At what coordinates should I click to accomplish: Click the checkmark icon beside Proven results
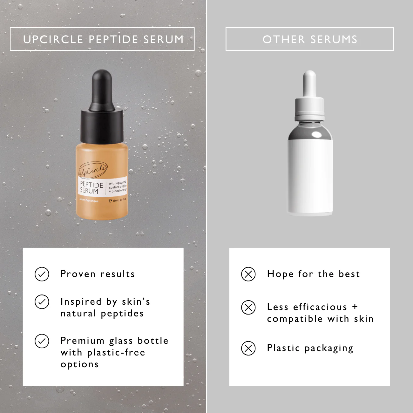coord(42,274)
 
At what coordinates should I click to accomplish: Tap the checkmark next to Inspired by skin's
coord(42,302)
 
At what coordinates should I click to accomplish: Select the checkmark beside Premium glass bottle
coord(42,341)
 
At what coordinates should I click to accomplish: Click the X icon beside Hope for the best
coord(248,274)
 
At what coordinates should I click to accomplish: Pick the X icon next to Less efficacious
coord(248,307)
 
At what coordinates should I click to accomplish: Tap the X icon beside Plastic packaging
coord(248,348)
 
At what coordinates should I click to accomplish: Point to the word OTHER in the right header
coord(284,39)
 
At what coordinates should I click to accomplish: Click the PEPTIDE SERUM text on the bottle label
coord(91,187)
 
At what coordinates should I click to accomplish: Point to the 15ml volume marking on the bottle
coord(118,200)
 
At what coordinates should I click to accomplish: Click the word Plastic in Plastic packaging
coord(283,348)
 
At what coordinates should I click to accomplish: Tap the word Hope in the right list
coord(280,274)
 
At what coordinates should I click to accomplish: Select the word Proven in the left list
coord(78,274)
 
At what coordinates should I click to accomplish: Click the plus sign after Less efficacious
coord(355,307)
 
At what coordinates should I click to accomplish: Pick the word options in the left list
coord(79,365)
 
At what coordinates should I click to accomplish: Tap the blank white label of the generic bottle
coord(310,176)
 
